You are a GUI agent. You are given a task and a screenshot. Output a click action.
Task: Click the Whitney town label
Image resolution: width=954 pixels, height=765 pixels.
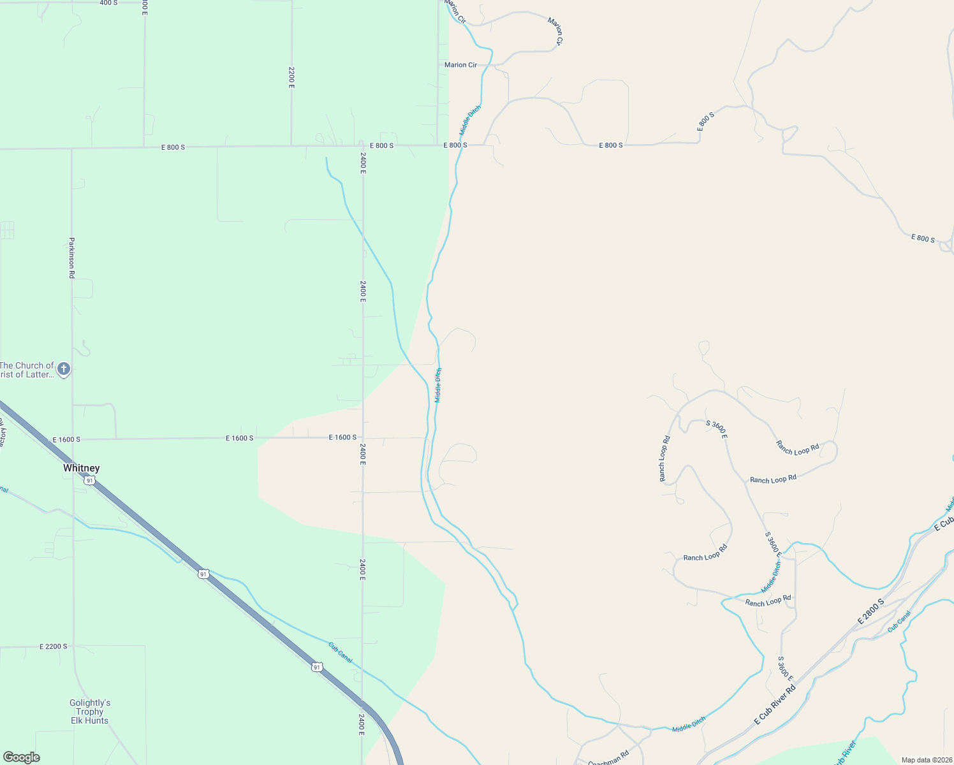coord(82,468)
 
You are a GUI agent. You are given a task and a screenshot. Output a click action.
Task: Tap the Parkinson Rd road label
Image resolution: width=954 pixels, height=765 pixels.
coord(72,258)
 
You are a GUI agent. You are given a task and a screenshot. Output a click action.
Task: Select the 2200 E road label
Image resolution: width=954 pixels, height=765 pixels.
coord(291,77)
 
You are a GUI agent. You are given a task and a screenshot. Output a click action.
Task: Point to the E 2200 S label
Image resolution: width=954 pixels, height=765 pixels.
coord(53,646)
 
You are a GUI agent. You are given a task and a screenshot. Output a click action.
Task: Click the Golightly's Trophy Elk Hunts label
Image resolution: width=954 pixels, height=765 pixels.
coord(90,711)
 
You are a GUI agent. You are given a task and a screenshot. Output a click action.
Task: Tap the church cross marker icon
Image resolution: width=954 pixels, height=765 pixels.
coord(63,368)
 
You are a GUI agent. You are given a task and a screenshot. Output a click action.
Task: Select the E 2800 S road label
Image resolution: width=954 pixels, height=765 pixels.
coord(870,611)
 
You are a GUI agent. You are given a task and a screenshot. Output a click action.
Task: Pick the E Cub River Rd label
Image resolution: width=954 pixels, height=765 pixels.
coord(775,704)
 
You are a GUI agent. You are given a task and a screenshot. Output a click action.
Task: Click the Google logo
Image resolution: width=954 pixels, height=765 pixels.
coord(22,757)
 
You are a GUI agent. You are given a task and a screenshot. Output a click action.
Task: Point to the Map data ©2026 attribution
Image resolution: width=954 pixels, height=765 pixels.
coord(927,760)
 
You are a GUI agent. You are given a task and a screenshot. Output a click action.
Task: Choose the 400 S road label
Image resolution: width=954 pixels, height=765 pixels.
coord(108,3)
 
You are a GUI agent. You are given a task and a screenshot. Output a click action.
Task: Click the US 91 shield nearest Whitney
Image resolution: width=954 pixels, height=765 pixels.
coord(90,480)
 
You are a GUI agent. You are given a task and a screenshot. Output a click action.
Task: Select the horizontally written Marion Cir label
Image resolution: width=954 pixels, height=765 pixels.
coord(460,65)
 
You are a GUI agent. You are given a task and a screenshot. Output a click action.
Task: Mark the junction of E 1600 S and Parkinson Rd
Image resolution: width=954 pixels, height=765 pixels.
coord(73,439)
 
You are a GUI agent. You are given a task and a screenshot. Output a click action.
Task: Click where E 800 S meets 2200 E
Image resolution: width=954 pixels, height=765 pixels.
coord(291,146)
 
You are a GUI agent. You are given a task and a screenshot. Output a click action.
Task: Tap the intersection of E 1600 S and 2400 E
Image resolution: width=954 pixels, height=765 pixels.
coord(363,438)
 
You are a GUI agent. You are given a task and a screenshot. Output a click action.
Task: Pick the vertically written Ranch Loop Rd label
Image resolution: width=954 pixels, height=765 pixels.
coord(664,458)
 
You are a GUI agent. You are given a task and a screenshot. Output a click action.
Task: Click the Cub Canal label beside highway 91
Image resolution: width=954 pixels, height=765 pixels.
coord(340,652)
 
